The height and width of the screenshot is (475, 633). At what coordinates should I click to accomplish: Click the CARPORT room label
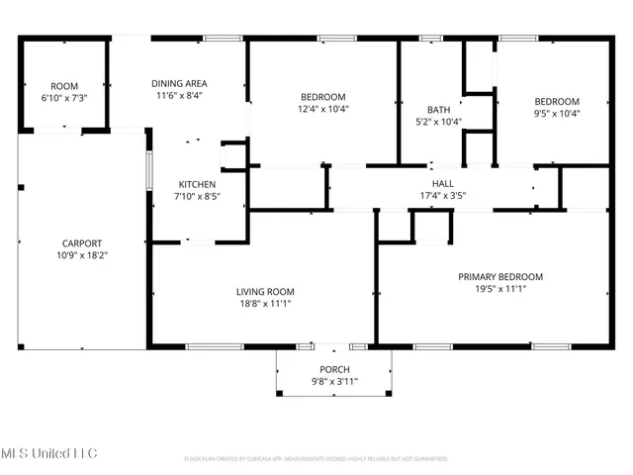pos(81,242)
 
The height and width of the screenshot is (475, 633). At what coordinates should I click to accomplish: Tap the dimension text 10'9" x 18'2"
pos(81,255)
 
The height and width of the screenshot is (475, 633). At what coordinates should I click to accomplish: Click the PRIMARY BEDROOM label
pos(499,277)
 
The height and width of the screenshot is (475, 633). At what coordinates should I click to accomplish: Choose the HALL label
pos(442,183)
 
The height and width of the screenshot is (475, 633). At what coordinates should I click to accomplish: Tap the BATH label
pos(438,110)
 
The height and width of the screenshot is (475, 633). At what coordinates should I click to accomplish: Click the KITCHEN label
pos(197,184)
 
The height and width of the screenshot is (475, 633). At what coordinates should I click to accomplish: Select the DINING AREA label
pos(179,83)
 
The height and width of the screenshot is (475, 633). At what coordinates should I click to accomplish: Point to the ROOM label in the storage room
pos(65,86)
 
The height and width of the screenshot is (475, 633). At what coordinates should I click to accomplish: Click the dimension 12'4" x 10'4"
pos(323,109)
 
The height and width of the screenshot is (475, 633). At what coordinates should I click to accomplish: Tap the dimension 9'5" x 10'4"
pos(557,113)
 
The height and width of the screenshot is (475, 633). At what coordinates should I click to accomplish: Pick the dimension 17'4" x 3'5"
pos(442,195)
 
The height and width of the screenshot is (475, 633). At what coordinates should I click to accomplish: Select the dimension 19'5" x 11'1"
pos(499,290)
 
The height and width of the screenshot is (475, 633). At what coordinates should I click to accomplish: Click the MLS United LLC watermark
pos(49,453)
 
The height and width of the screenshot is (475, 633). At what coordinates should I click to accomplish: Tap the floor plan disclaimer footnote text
pos(316,459)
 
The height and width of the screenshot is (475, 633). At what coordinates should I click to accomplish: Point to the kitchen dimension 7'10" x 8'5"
pos(197,197)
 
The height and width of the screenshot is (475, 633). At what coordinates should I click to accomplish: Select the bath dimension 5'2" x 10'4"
pos(438,122)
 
